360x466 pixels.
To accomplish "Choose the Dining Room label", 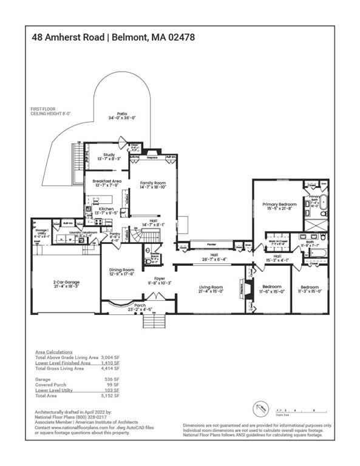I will (x=121, y=271).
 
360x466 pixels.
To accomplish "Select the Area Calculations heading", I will (x=54, y=352).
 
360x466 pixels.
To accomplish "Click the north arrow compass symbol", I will (x=259, y=407).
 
